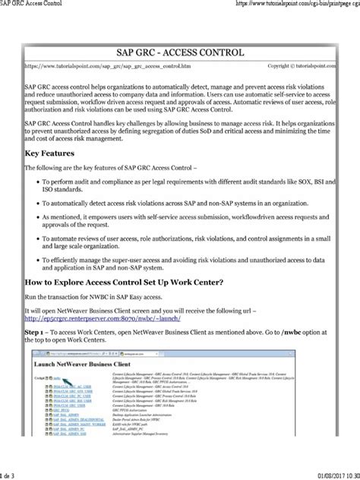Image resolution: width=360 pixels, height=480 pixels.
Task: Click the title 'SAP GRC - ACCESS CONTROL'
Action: tap(179, 52)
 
